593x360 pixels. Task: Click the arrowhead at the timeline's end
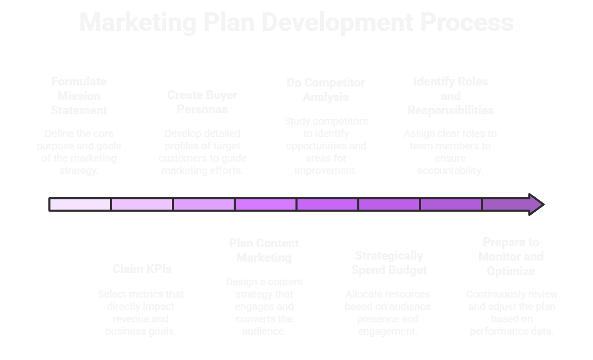(x=535, y=204)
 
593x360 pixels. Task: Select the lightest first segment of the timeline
(x=80, y=204)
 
